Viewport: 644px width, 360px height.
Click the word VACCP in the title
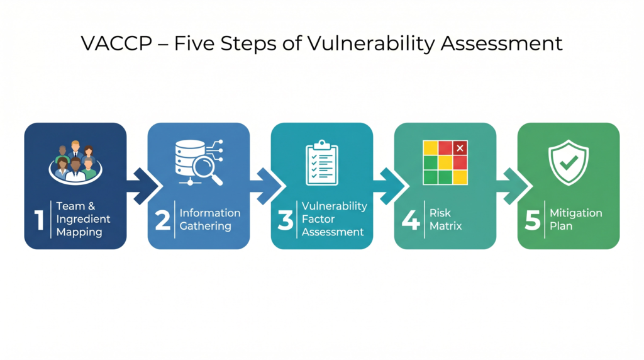(116, 43)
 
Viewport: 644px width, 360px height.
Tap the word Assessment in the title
(501, 43)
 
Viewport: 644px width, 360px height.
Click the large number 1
(39, 220)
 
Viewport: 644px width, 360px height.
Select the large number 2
(163, 220)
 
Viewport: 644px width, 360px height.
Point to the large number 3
(286, 220)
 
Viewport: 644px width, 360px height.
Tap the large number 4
(411, 220)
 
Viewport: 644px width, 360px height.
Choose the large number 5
(533, 220)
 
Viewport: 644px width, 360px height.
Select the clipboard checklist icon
(322, 163)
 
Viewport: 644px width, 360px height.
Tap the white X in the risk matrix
(460, 148)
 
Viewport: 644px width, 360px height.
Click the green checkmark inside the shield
(569, 163)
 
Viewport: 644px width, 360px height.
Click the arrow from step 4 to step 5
(513, 186)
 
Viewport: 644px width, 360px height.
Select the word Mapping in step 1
(79, 232)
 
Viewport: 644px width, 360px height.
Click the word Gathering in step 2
(206, 226)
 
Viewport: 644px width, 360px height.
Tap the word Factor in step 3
(318, 219)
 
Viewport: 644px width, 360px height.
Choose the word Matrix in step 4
(446, 225)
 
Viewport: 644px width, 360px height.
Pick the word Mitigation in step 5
(576, 213)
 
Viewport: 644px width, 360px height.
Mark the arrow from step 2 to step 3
(267, 186)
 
